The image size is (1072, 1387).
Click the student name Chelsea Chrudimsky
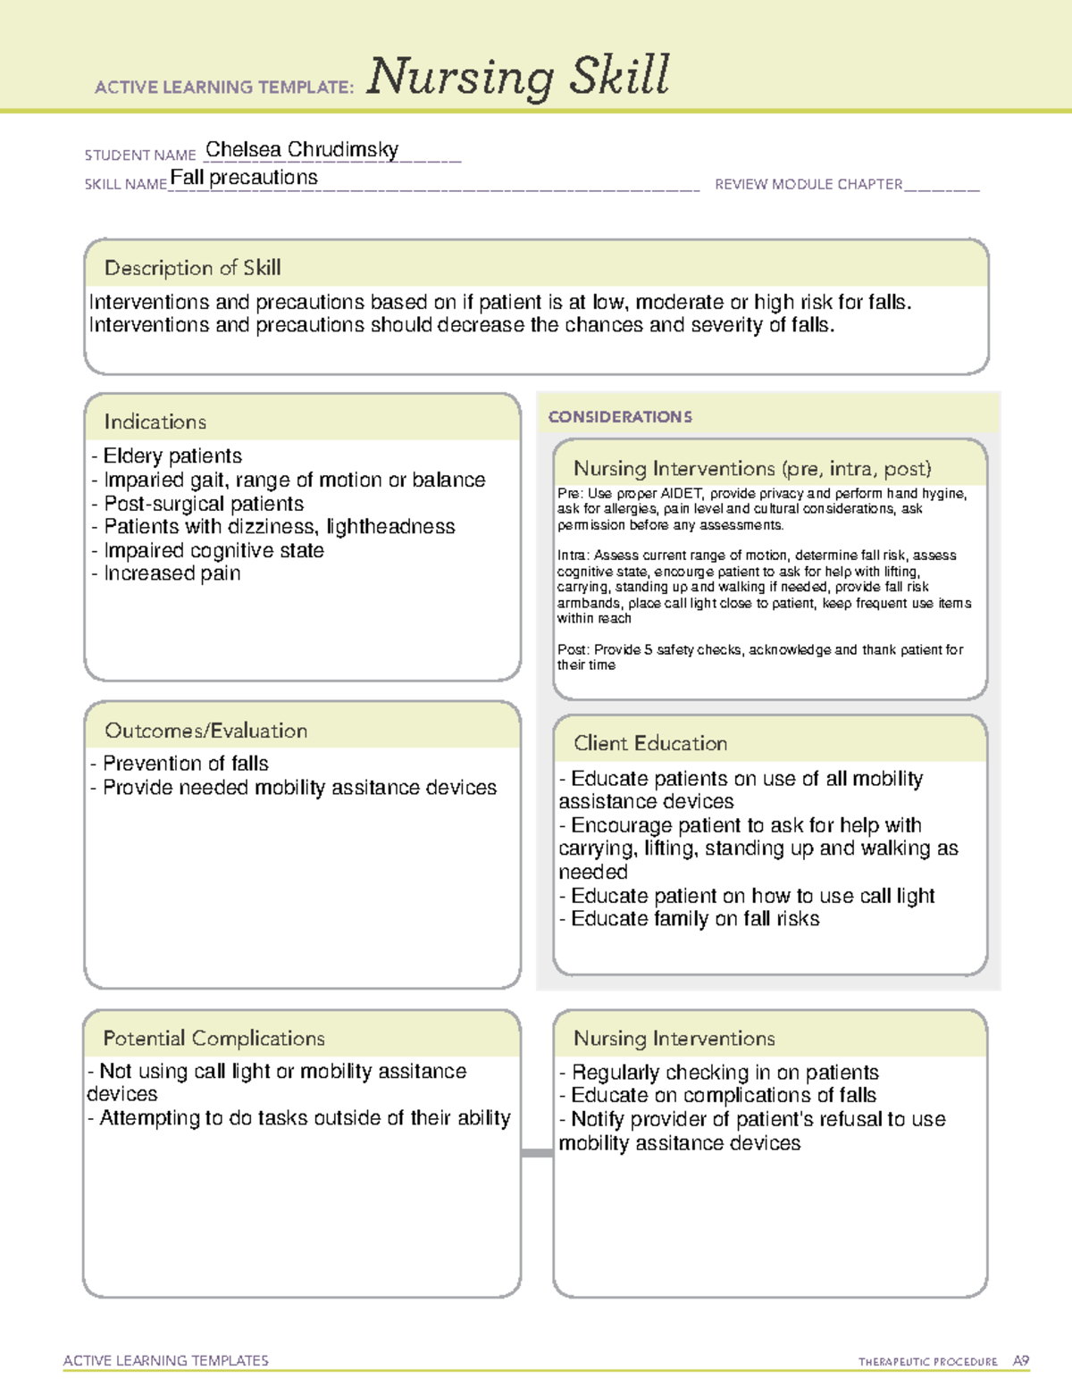[x=302, y=150]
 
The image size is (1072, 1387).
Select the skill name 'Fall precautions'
[x=244, y=178]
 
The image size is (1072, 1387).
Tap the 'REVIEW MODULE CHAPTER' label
[x=808, y=184]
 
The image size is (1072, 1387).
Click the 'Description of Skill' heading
[x=192, y=268]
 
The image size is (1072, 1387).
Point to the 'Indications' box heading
[x=155, y=422]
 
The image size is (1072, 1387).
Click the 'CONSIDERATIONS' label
[x=620, y=417]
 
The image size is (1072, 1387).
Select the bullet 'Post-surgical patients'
[x=203, y=504]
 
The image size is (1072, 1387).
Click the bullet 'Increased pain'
[x=172, y=573]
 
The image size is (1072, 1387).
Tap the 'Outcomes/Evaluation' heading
[x=205, y=731]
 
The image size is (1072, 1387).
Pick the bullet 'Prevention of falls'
[x=185, y=764]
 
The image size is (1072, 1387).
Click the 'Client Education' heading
[x=650, y=743]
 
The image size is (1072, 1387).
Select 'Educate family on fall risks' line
[x=694, y=919]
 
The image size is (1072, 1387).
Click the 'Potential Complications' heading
[x=214, y=1039]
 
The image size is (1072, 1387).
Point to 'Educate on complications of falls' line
[x=723, y=1095]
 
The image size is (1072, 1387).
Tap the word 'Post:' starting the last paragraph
[x=573, y=649]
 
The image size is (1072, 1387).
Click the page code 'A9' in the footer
[x=1020, y=1361]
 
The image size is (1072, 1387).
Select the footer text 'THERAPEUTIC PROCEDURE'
[x=927, y=1362]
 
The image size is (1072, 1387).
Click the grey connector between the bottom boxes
[x=537, y=1153]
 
